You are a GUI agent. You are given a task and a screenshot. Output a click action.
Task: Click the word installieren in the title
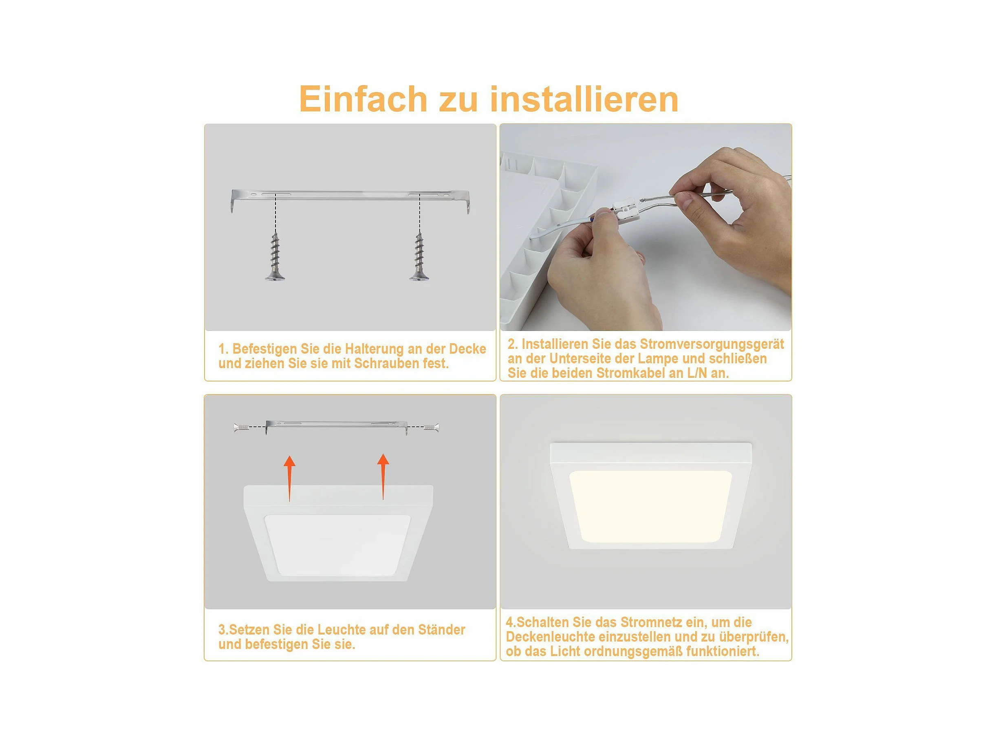[584, 99]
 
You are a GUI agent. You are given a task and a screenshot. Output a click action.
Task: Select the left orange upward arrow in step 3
[289, 478]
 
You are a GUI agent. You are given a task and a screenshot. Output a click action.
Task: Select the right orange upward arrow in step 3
[383, 476]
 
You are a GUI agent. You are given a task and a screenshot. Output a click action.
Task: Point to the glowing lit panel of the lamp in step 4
[650, 506]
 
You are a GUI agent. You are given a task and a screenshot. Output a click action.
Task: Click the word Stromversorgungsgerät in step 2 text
[712, 344]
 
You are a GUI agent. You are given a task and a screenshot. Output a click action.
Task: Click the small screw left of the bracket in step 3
[242, 427]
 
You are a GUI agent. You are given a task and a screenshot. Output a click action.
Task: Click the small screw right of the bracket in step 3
[431, 427]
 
